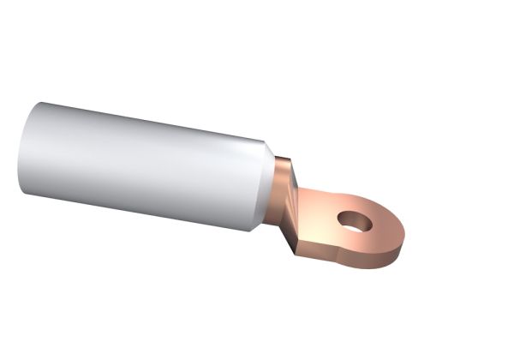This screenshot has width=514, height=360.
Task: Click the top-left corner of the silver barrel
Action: [x=39, y=104]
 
